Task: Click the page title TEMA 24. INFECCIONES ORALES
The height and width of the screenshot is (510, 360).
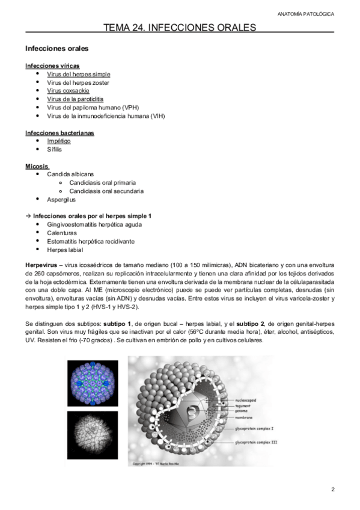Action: [180, 27]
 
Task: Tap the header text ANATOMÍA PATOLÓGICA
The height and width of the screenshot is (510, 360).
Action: [313, 13]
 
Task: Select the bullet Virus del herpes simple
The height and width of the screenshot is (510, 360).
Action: [79, 74]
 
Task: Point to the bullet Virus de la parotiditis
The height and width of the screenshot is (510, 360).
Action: [75, 99]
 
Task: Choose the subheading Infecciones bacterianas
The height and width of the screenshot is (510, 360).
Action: [59, 132]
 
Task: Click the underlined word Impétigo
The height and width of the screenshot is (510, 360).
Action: [59, 141]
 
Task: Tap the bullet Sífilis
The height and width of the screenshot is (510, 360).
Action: [55, 149]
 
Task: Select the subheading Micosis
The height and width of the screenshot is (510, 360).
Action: [37, 165]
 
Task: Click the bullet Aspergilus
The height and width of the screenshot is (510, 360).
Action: [61, 200]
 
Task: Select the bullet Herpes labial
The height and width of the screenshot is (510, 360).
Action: [65, 250]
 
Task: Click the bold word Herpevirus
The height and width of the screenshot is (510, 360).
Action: [41, 265]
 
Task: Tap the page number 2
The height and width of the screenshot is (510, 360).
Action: [333, 489]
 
